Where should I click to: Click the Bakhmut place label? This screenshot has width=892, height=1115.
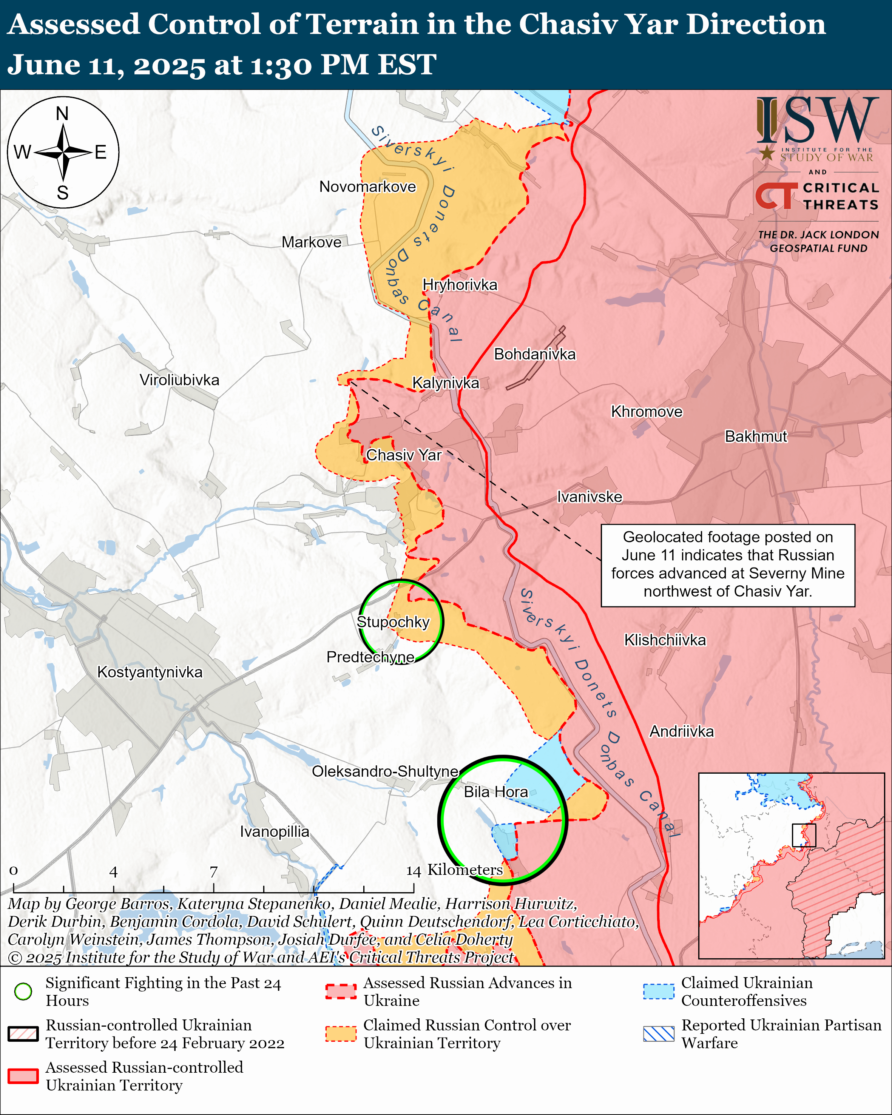click(756, 436)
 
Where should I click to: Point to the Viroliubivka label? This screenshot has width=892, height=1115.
click(179, 380)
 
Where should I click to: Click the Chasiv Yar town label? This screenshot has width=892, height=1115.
click(403, 455)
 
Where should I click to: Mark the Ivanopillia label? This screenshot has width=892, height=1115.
click(274, 831)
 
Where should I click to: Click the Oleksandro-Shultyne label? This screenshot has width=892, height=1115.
click(385, 771)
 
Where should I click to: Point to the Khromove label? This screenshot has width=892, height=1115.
click(647, 412)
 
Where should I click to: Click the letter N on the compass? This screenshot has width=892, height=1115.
click(63, 113)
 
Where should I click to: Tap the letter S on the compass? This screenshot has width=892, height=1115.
click(63, 193)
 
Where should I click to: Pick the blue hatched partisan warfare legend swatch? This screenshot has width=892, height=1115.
click(658, 1034)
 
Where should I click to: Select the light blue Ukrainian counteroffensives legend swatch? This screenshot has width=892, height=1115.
click(658, 992)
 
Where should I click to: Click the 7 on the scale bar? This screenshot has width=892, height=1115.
click(214, 871)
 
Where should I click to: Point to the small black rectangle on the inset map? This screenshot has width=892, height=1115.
click(804, 835)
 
